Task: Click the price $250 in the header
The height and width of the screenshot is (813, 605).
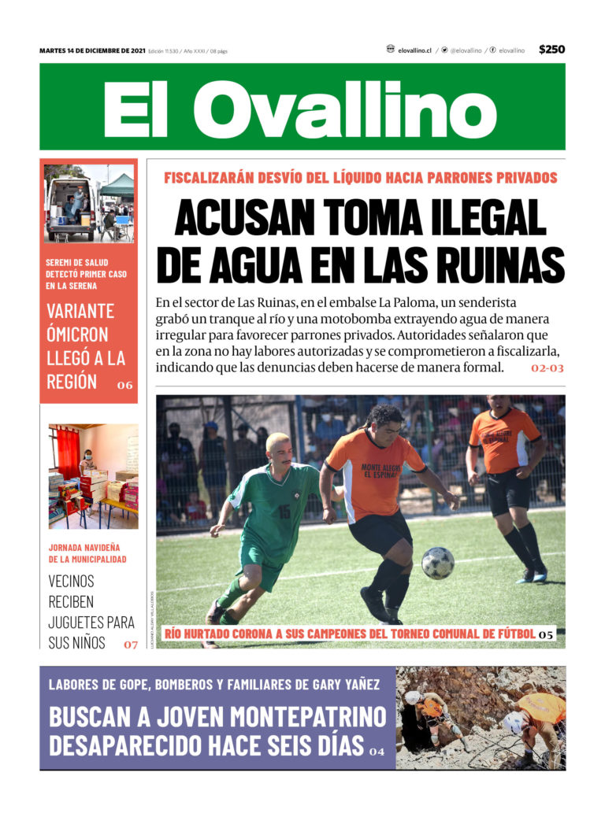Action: click(551, 50)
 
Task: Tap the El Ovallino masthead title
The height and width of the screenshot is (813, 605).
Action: click(302, 108)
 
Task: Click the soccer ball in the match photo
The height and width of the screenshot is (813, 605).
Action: click(437, 563)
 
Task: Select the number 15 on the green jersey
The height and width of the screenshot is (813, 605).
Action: click(284, 511)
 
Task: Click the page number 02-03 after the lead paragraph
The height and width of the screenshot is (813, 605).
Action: click(547, 368)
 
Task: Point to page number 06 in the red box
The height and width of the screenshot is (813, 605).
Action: click(124, 386)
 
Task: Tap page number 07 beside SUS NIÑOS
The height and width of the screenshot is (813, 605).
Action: click(130, 645)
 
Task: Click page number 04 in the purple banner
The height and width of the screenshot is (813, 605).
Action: click(377, 752)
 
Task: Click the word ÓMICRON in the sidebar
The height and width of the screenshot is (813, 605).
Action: click(80, 334)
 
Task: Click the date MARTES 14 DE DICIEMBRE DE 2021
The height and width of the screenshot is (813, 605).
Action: click(92, 50)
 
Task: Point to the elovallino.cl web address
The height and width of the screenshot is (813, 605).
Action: click(415, 50)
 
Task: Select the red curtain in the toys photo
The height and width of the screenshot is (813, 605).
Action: click(68, 452)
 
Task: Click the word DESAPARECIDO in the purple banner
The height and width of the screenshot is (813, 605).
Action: click(129, 745)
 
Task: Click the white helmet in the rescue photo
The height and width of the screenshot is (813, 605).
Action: click(412, 697)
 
